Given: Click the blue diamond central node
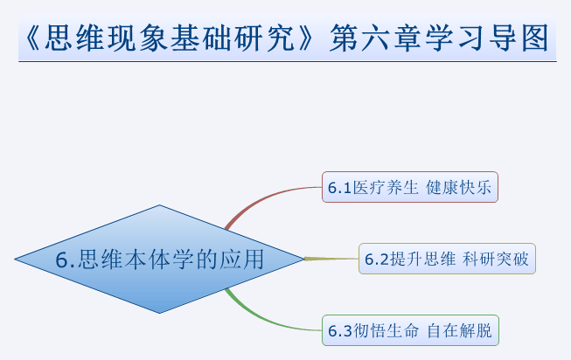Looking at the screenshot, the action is pyautogui.click(x=159, y=259).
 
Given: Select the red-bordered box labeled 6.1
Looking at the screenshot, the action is pyautogui.click(x=410, y=187).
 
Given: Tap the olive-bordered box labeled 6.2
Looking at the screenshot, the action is pyautogui.click(x=447, y=259).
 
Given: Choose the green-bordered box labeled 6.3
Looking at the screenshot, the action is pyautogui.click(x=410, y=330).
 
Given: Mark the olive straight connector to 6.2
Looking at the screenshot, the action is pyautogui.click(x=331, y=259).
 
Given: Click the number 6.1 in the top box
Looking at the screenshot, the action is pyautogui.click(x=339, y=188).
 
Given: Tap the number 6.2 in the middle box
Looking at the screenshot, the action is pyautogui.click(x=377, y=260).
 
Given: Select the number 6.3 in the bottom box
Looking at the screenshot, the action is pyautogui.click(x=340, y=331).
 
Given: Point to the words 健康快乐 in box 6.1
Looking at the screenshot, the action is pyautogui.click(x=458, y=188).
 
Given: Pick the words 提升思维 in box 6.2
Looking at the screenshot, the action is pyautogui.click(x=422, y=259).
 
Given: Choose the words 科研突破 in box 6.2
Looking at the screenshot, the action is pyautogui.click(x=496, y=259).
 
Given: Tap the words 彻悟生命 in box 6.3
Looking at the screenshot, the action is pyautogui.click(x=386, y=330).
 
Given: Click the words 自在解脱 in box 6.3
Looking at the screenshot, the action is pyautogui.click(x=459, y=330).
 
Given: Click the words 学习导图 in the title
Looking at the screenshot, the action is pyautogui.click(x=487, y=38).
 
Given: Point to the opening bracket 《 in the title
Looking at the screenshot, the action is pyautogui.click(x=32, y=38).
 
